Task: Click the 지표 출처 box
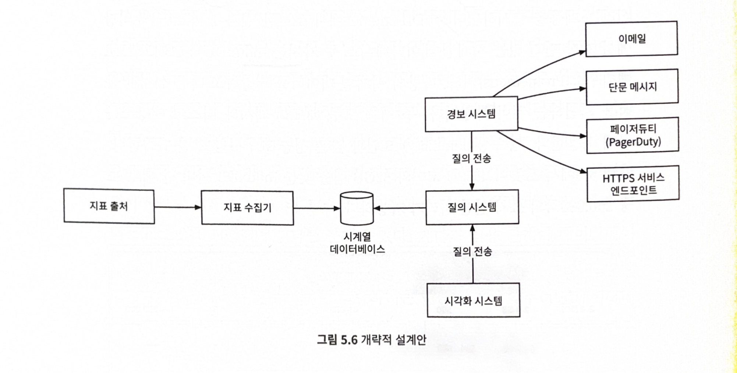click(109, 206)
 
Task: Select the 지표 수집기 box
click(247, 208)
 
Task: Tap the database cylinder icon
click(357, 208)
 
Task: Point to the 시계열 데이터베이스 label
click(357, 243)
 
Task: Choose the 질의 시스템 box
click(472, 207)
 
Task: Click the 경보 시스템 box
click(471, 114)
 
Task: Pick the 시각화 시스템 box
click(473, 300)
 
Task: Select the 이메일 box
click(631, 39)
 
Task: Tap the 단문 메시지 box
click(632, 87)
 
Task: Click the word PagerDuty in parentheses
click(633, 142)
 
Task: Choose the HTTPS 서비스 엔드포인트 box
click(633, 184)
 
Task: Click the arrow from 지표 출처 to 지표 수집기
click(178, 207)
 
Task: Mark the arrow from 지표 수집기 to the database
click(317, 208)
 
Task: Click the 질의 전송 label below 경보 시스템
click(471, 158)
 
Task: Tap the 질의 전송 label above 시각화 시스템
click(472, 251)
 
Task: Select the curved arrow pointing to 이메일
click(537, 68)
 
